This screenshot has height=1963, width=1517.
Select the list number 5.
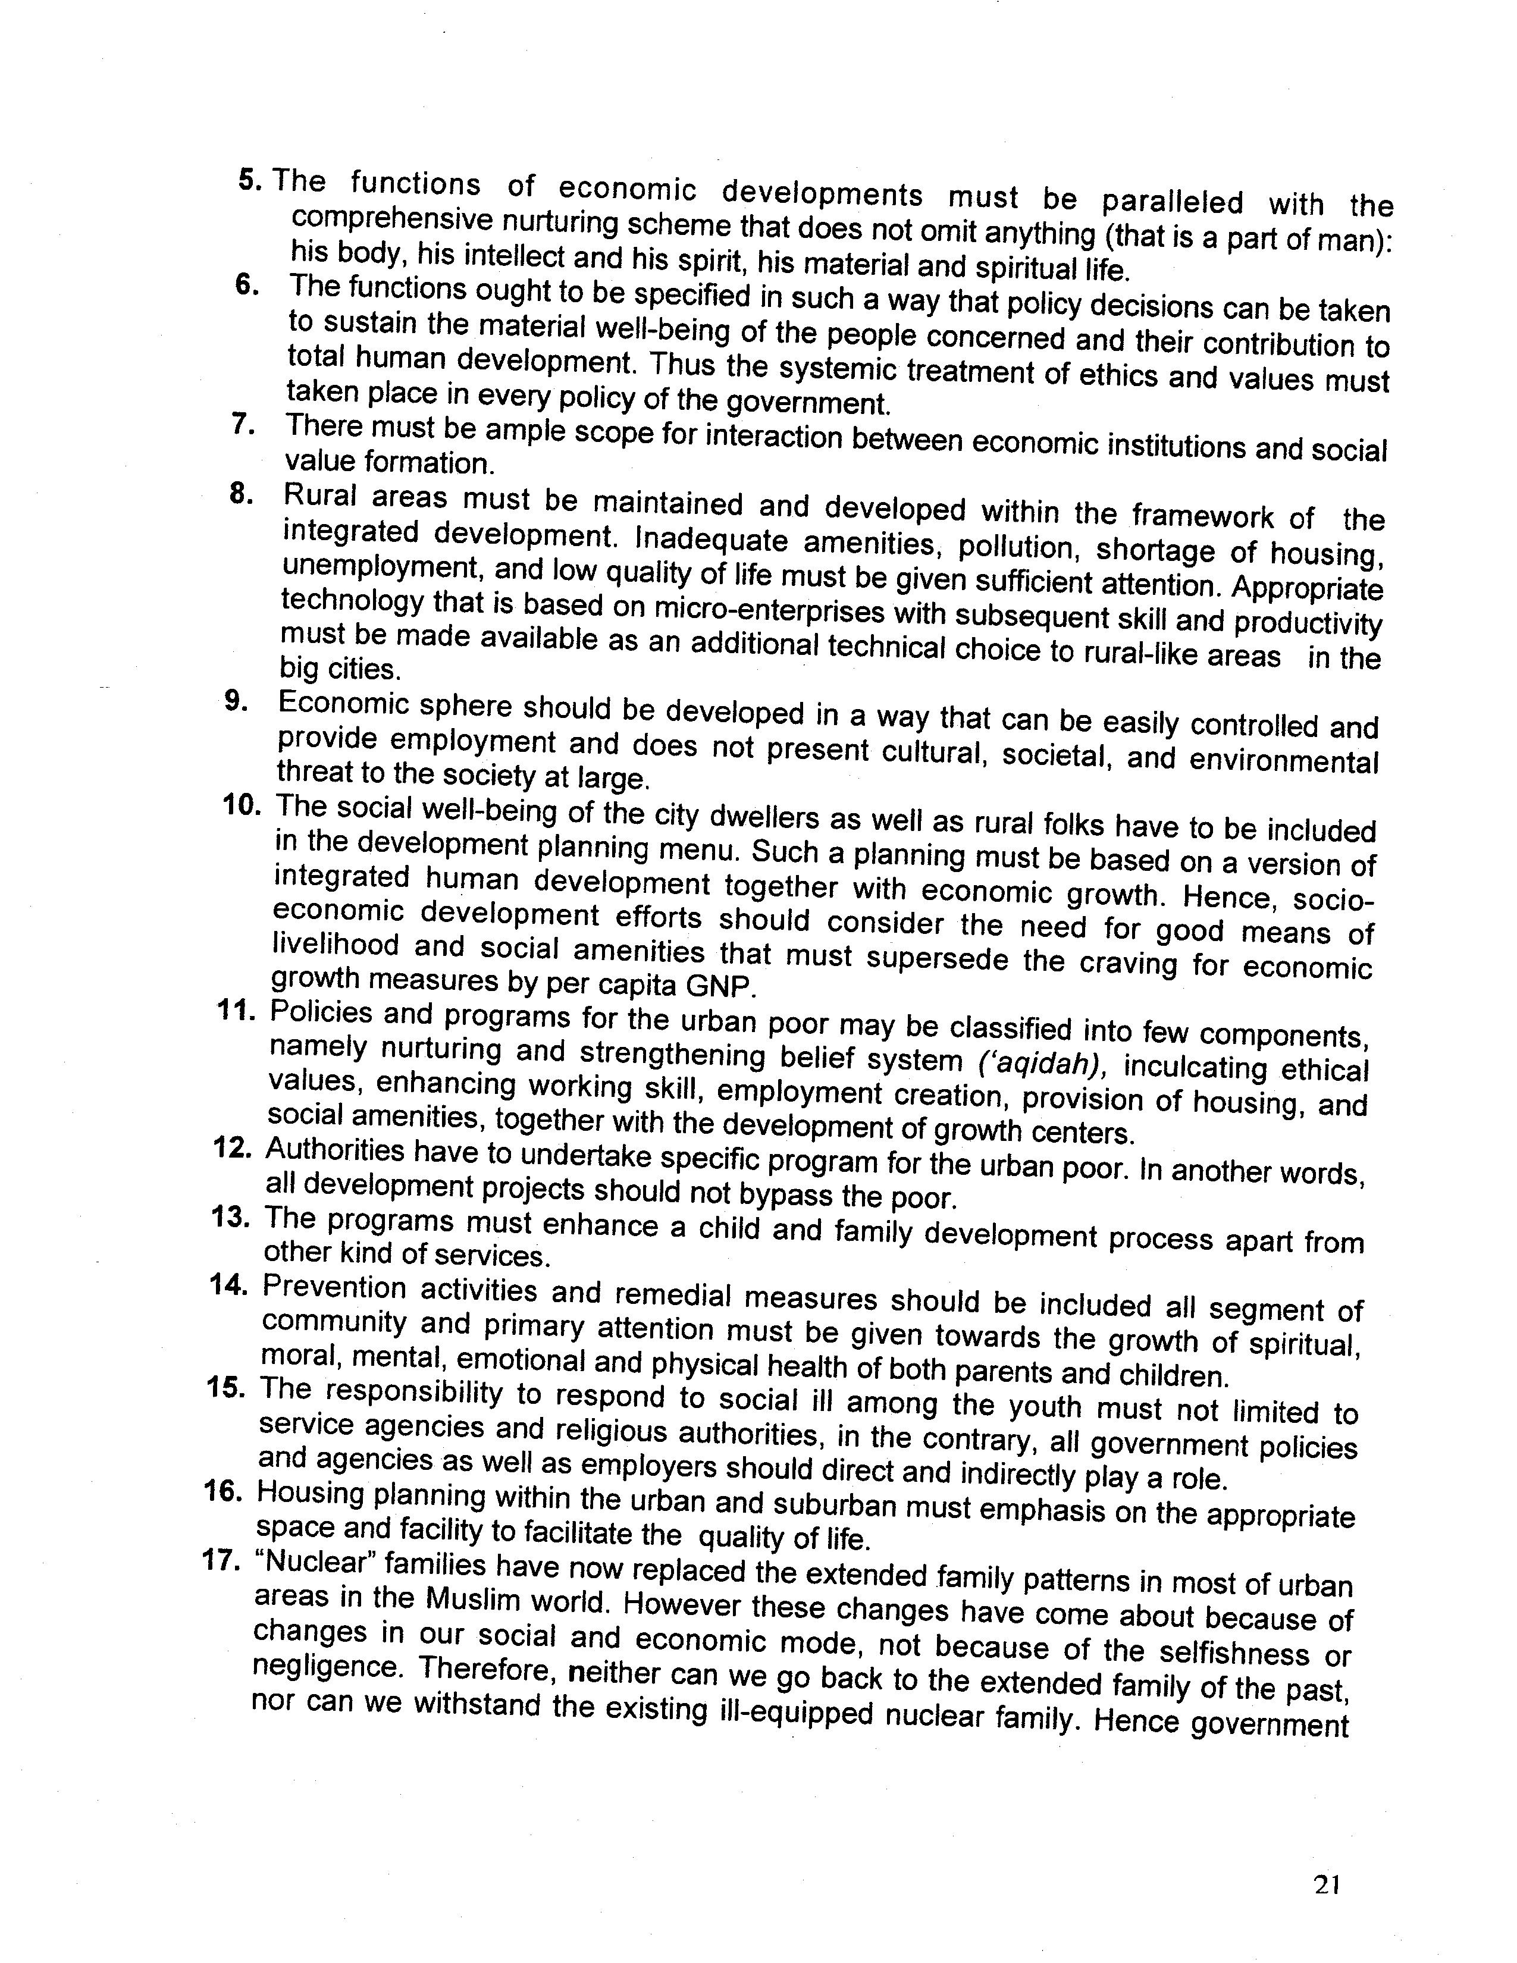(x=250, y=179)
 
